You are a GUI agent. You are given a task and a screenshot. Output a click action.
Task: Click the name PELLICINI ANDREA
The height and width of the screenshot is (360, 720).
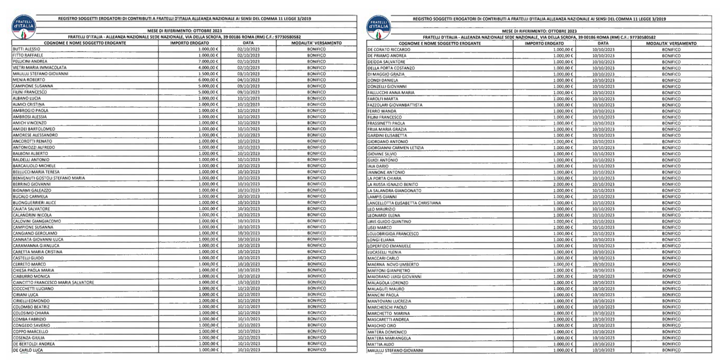[30, 61]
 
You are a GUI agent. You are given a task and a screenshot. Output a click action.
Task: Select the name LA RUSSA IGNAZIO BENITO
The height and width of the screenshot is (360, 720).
[392, 185]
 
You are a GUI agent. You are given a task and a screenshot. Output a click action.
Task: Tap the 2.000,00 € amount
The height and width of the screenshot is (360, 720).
[563, 185]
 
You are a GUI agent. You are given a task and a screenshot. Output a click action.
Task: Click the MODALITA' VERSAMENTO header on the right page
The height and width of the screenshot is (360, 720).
[671, 43]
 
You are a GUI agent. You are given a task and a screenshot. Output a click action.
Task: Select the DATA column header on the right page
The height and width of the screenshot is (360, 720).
[603, 43]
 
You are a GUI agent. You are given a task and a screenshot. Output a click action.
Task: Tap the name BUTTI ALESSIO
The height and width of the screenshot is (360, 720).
[26, 49]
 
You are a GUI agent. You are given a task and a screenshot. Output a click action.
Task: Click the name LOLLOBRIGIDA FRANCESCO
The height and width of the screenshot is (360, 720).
[392, 233]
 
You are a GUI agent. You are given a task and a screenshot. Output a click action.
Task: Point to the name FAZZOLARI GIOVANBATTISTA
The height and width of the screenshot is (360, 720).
[395, 105]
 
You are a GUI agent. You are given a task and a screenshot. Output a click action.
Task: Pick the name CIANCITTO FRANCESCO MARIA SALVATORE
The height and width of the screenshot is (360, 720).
[53, 283]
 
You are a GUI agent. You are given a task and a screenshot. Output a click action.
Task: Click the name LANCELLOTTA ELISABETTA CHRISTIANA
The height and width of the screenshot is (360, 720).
[404, 203]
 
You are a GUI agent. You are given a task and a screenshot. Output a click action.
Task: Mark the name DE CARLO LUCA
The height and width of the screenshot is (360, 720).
[28, 350]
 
